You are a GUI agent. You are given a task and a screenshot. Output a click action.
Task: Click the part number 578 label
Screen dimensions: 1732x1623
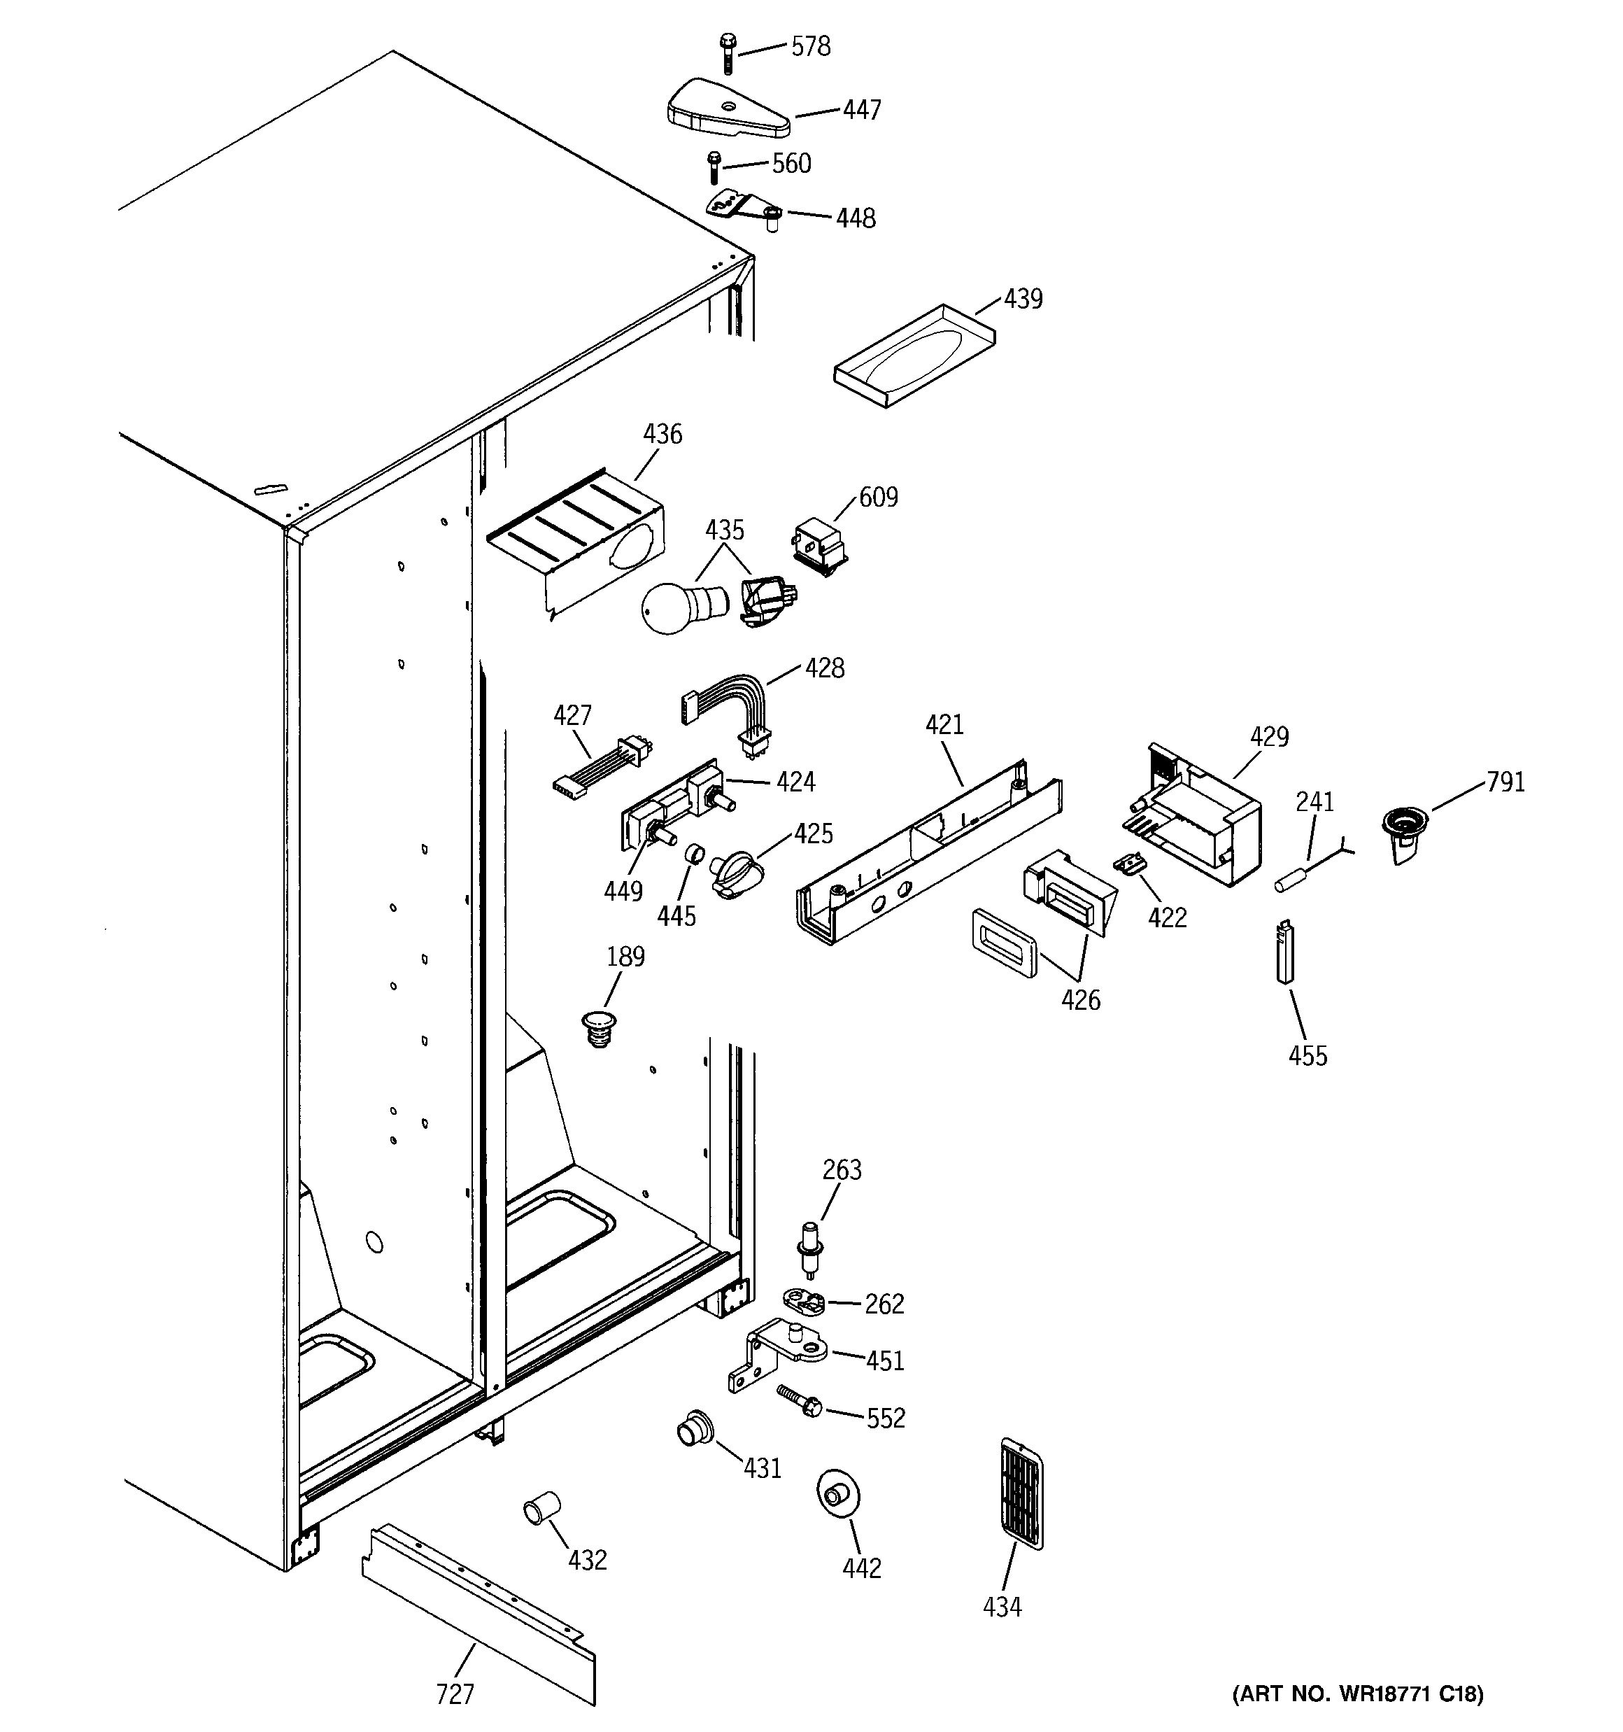(810, 46)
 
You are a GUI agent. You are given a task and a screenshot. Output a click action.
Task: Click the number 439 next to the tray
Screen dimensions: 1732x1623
(1023, 299)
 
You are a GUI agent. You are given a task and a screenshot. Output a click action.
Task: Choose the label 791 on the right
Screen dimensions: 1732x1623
(1505, 782)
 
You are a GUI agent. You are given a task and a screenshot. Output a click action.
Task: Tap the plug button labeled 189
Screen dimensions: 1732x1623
(597, 1028)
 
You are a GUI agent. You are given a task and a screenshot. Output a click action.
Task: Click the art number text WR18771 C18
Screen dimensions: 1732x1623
(1356, 1694)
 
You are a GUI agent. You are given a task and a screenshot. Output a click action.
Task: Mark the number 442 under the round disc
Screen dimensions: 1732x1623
(862, 1568)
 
